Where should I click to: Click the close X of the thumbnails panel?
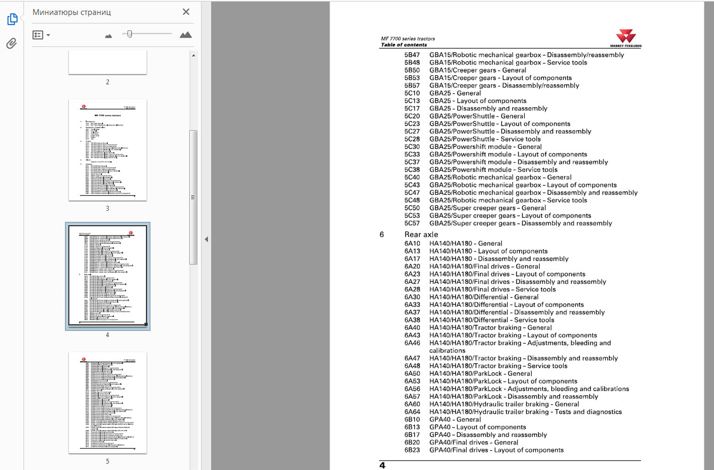pyautogui.click(x=186, y=12)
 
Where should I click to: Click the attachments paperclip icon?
pyautogui.click(x=11, y=43)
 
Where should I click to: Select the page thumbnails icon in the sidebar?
pyautogui.click(x=12, y=19)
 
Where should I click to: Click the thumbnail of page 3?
pyautogui.click(x=107, y=150)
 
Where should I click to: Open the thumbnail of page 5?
pyautogui.click(x=107, y=403)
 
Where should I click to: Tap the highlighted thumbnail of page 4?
pyautogui.click(x=107, y=276)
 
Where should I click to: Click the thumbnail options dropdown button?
pyautogui.click(x=41, y=35)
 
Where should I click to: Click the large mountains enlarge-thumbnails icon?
pyautogui.click(x=185, y=35)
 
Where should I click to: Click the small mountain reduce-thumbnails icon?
pyautogui.click(x=108, y=36)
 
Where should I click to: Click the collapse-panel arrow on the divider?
pyautogui.click(x=206, y=239)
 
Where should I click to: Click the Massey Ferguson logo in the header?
pyautogui.click(x=625, y=38)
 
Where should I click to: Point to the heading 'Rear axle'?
pyautogui.click(x=421, y=234)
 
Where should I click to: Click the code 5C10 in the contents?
pyautogui.click(x=412, y=93)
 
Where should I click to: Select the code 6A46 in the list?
pyautogui.click(x=412, y=343)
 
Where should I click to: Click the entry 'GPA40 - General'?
pyautogui.click(x=455, y=419)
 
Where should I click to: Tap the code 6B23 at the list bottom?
pyautogui.click(x=412, y=450)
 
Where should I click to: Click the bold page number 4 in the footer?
pyautogui.click(x=382, y=465)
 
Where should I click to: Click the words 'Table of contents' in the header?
pyautogui.click(x=404, y=45)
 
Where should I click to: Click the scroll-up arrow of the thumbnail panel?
pyautogui.click(x=194, y=55)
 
